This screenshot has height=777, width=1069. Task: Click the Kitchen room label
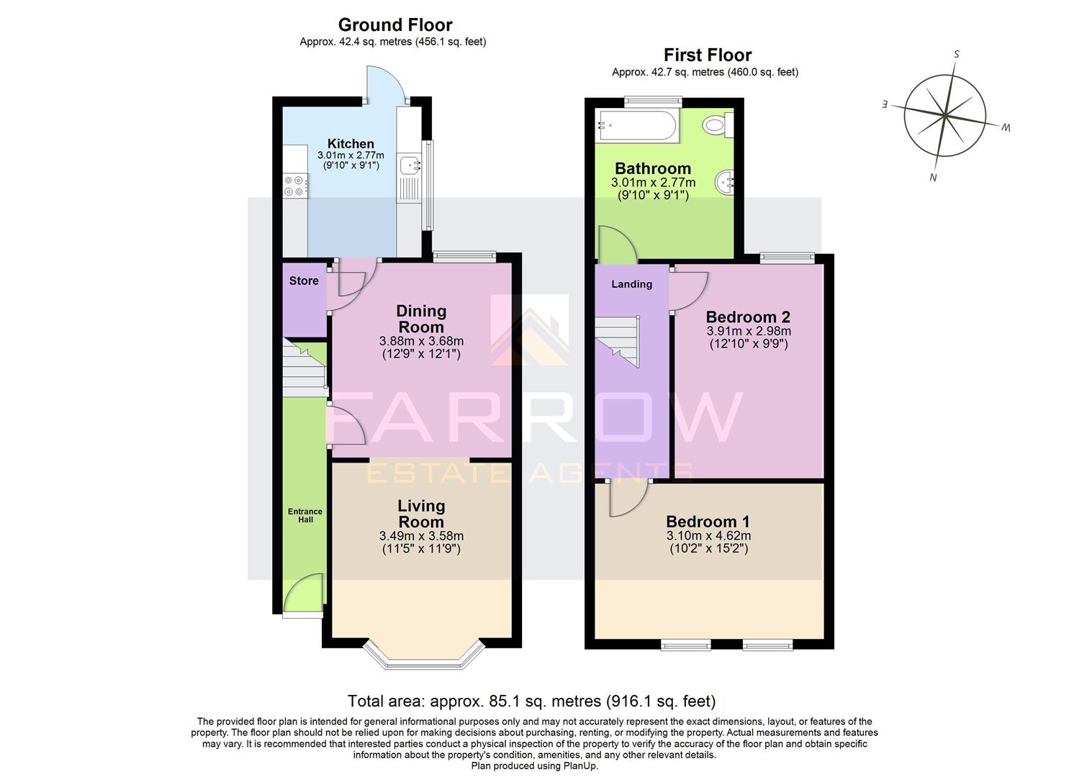pos(351,143)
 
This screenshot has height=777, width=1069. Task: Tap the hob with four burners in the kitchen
pos(294,186)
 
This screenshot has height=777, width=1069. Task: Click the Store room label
pos(304,281)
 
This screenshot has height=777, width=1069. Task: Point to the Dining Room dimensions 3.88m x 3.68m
pos(421,341)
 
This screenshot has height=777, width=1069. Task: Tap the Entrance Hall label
pos(305,515)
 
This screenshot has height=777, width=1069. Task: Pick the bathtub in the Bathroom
pos(636,127)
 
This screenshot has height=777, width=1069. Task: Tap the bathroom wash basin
pos(725,183)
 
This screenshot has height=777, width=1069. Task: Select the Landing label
pos(631,284)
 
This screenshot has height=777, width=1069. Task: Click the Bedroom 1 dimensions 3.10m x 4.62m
pos(708,536)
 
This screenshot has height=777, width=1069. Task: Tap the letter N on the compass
pos(933,178)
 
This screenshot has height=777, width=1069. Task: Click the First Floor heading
pos(707,55)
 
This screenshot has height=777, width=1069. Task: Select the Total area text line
pos(531,701)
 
